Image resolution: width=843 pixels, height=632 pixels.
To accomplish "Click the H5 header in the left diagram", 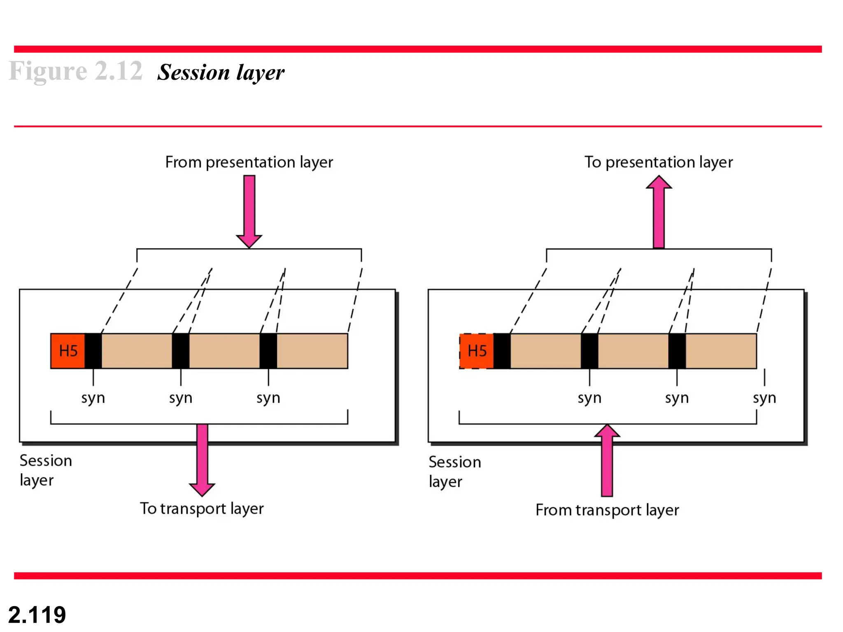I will point(68,351).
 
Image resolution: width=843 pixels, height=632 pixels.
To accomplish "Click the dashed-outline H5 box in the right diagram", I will point(477,351).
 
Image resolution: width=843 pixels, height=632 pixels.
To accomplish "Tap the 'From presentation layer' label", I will point(249,162).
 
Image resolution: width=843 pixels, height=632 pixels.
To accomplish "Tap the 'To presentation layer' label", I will point(659,162).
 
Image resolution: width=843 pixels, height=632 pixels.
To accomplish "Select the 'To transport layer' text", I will point(202,509).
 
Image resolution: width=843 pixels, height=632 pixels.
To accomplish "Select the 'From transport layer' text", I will point(607,510).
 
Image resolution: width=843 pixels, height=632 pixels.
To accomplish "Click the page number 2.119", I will point(37,615).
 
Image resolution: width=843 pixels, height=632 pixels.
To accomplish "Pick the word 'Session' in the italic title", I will point(193,72).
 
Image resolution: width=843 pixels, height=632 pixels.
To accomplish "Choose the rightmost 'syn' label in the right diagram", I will point(764,398).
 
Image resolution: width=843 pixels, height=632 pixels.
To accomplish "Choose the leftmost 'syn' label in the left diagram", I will point(93,398).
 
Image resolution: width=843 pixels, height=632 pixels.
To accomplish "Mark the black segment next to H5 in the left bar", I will point(93,351).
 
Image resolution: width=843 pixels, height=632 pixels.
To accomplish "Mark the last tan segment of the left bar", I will point(312,351).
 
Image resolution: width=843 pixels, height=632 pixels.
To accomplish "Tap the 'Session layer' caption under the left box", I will point(45,470).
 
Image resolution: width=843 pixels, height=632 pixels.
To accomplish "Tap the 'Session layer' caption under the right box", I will point(454,472).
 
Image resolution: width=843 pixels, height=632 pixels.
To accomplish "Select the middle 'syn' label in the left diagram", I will point(181,398).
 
